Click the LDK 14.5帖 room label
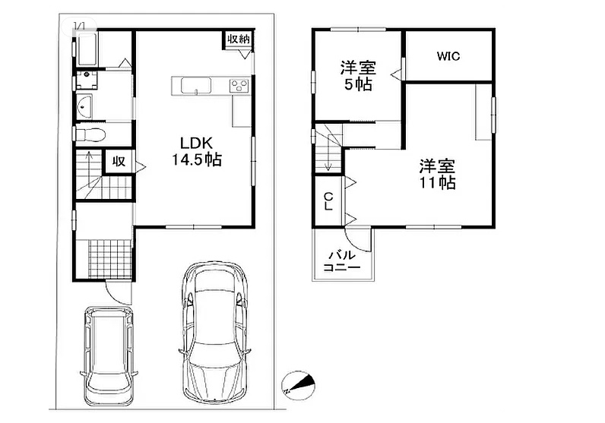(x=196, y=151)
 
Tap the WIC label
(x=448, y=56)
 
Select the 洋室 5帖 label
(x=358, y=76)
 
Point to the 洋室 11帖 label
(x=438, y=175)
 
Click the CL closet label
(x=328, y=202)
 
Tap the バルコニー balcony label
(x=341, y=261)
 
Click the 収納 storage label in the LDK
(x=238, y=39)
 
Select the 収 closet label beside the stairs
(x=119, y=162)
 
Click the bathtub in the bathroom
(x=87, y=49)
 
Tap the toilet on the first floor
(x=90, y=135)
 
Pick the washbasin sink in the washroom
(x=84, y=106)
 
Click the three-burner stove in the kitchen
(x=239, y=85)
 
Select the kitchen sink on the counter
(x=196, y=86)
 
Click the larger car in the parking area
(x=214, y=333)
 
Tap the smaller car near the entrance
(x=109, y=355)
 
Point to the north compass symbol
(x=299, y=384)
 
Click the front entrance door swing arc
(x=115, y=298)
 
